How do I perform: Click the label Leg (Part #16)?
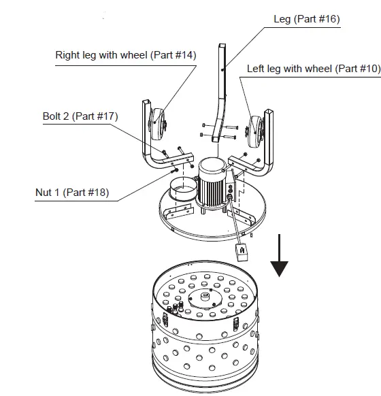tap(307, 19)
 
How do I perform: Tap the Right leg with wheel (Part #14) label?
tap(126, 55)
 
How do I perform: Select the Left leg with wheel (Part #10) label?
tap(314, 69)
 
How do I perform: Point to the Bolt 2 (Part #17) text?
tap(80, 116)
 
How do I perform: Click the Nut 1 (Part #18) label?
tap(72, 193)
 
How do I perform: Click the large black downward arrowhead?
tap(279, 269)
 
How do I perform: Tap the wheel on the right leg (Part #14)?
tap(157, 125)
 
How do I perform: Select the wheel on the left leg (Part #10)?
tap(255, 132)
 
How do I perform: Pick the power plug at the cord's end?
tap(242, 252)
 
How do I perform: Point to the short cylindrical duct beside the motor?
tap(183, 189)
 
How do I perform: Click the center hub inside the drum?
tap(205, 296)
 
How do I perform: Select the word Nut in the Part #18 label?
tap(44, 193)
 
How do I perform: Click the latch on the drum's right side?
tap(236, 324)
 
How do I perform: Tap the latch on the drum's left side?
tap(165, 319)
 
